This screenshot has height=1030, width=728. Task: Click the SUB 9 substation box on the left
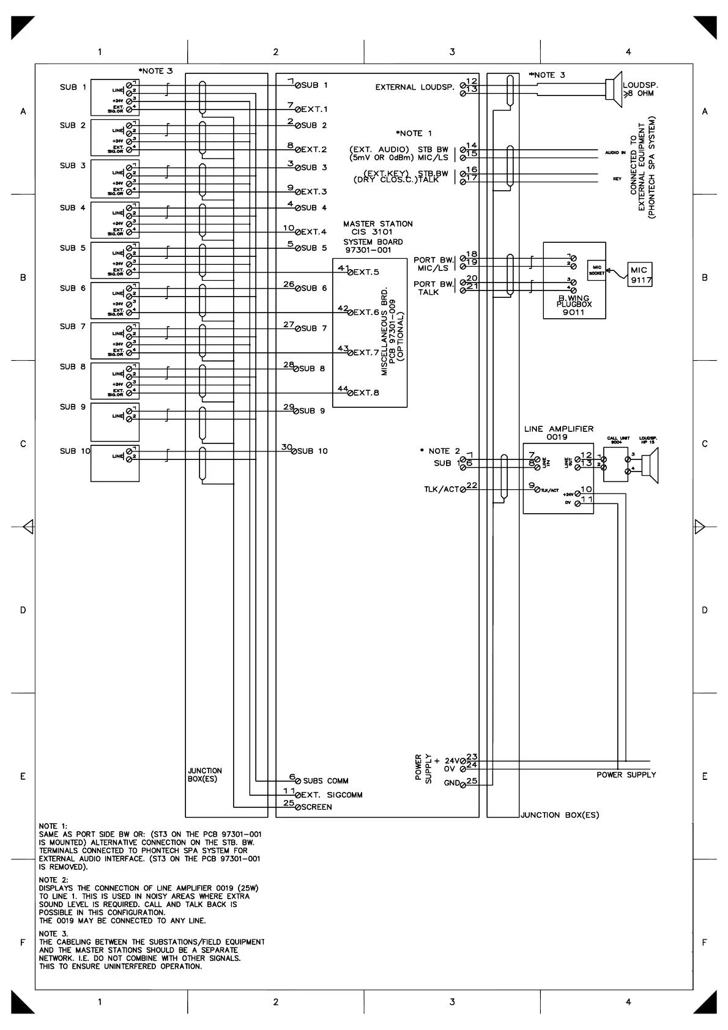115,422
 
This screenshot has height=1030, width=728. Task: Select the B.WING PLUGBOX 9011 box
574,280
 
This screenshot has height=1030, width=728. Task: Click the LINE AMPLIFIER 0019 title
558,433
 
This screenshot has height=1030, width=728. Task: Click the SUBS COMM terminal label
325,781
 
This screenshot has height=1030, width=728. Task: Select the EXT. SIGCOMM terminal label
332,795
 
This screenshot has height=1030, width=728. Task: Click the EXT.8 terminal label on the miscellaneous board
366,393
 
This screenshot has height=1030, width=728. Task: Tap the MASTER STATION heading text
377,224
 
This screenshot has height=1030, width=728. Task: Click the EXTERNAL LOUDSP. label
414,87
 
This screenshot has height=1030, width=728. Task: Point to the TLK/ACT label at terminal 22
440,489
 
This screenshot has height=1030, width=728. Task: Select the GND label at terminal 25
451,784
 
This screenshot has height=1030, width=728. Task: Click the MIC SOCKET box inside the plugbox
596,270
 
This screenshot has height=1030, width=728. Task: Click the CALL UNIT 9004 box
615,465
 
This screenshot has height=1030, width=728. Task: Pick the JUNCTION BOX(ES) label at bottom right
560,815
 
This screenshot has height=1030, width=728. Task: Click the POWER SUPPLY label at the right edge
626,775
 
